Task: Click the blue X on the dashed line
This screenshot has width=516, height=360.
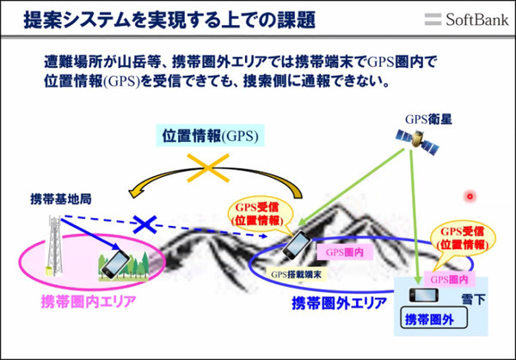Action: [147, 224]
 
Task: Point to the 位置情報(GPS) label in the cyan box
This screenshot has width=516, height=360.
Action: [211, 136]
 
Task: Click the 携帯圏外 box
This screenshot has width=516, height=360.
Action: [435, 320]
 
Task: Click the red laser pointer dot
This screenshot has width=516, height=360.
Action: [470, 197]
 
